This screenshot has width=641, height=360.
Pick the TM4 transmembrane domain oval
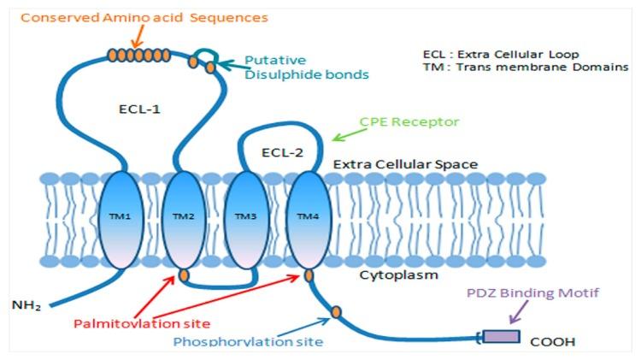click(x=305, y=218)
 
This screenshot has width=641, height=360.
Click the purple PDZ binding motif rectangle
click(x=501, y=335)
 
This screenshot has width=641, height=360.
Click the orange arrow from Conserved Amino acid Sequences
click(x=138, y=37)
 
